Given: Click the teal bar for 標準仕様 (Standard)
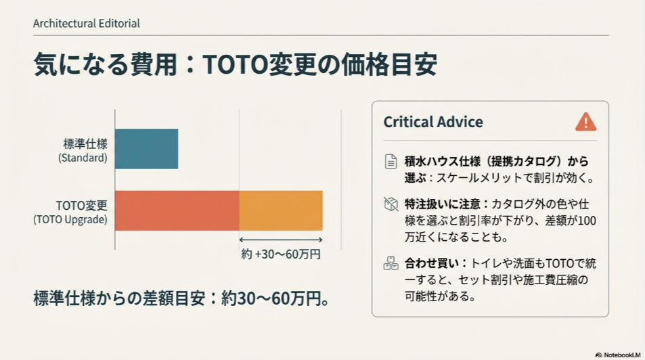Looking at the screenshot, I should (x=146, y=149).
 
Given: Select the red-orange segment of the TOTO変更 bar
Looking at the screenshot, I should (x=177, y=210).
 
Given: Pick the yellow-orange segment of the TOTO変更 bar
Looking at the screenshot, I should (x=281, y=210).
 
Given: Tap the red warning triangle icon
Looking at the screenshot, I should (x=585, y=122).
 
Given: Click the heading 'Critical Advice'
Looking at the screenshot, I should (x=433, y=122).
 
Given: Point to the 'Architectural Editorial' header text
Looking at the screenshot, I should (x=86, y=24).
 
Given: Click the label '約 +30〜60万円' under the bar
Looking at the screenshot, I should (x=281, y=255).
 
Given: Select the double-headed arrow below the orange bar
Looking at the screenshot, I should (x=281, y=240).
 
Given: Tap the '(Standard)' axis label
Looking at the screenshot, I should (x=83, y=158).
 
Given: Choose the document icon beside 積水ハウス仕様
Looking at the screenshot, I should (x=391, y=162).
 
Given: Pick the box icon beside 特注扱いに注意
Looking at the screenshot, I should (x=391, y=204).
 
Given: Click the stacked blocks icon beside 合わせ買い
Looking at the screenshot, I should (x=391, y=263).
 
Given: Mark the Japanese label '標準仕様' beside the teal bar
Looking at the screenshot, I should (x=85, y=143).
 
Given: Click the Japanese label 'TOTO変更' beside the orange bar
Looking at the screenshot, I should (x=81, y=205).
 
